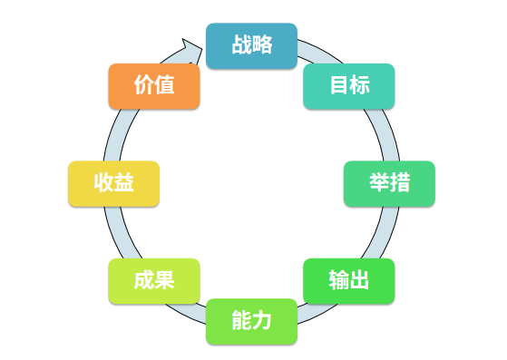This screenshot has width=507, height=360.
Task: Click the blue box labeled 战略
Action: coord(251,45)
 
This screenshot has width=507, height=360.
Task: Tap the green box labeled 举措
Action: coord(389,183)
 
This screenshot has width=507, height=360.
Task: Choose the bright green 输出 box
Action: coord(349,280)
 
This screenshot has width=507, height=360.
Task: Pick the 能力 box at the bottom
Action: coord(251,321)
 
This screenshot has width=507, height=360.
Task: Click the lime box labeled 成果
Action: coord(153,280)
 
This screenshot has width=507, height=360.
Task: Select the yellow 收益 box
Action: coord(113,183)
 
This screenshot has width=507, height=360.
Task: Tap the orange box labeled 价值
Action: coord(153,86)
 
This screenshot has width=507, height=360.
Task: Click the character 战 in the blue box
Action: coord(241,45)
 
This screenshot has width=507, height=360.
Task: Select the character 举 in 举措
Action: coord(379,183)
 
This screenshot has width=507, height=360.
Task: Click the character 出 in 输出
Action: coord(360,280)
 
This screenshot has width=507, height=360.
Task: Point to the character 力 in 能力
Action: coord(262,321)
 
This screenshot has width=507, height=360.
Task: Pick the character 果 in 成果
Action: coord(164,280)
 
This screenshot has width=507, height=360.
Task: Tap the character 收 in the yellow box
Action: coord(103,183)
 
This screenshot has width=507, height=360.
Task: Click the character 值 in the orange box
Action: coord(164,86)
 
